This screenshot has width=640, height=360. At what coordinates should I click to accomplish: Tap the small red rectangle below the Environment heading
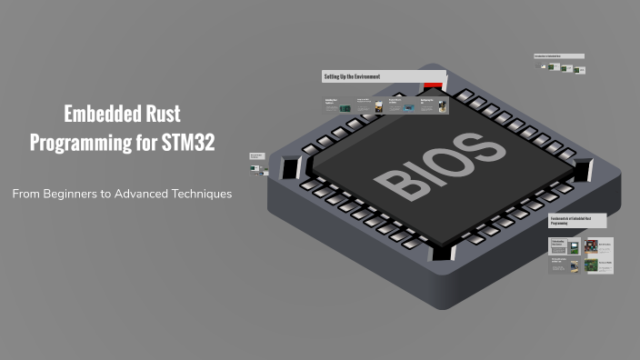[433, 86]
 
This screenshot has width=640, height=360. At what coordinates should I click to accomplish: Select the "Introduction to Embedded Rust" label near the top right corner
[558, 56]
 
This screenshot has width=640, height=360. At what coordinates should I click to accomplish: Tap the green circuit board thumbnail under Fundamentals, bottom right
[592, 265]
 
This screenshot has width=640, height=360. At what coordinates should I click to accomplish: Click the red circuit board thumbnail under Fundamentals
[592, 246]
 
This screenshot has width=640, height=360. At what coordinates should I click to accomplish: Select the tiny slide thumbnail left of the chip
[256, 157]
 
